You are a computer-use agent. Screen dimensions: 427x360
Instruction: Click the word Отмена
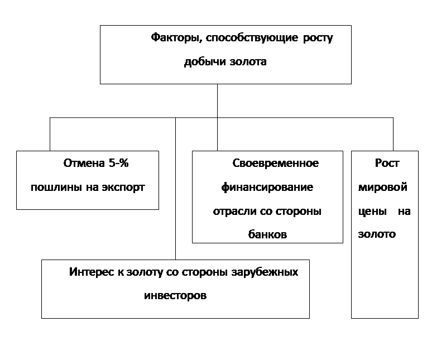point(84,163)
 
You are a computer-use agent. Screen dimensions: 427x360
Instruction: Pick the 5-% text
point(119,163)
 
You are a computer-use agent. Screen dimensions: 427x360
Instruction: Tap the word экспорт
point(123,188)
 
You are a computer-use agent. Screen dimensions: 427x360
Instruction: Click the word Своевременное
point(275,163)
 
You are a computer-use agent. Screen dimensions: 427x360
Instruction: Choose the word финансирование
point(267,188)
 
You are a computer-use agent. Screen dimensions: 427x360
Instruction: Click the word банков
point(267,234)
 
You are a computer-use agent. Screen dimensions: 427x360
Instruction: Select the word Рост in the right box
point(387,163)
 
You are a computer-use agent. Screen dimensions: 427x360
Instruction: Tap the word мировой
point(382,188)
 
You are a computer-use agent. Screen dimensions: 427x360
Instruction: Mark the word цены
point(372,212)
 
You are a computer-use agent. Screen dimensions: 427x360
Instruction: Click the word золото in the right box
point(377,234)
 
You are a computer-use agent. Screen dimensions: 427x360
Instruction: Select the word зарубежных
point(265,272)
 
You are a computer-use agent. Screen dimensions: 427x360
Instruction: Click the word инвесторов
point(175,296)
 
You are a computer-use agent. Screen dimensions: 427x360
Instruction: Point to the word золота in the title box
point(248,62)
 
